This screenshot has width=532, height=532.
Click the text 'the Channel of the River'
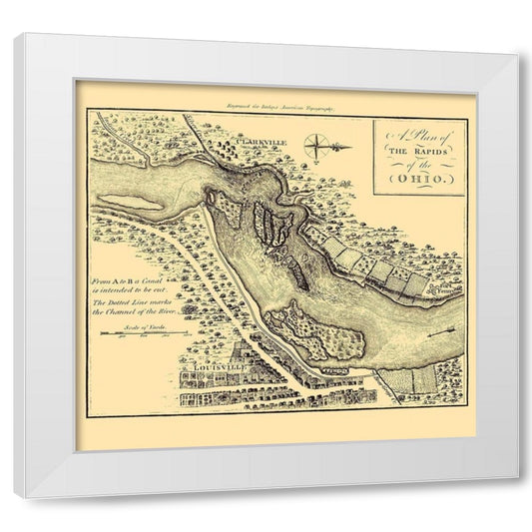(141, 311)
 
